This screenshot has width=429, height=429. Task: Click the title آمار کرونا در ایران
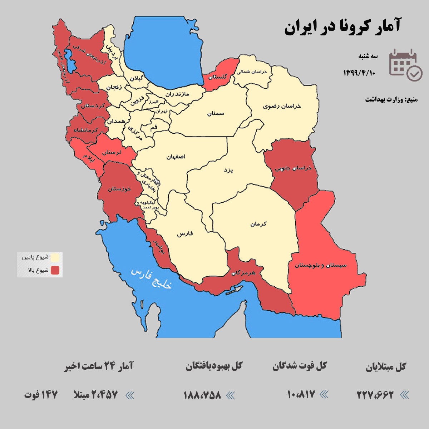[342, 27]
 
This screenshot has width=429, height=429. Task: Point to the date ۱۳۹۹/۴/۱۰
[359, 73]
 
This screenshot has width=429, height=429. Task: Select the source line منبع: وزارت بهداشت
[391, 99]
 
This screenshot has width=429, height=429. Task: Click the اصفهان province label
[176, 157]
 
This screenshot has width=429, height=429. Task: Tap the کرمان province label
[258, 224]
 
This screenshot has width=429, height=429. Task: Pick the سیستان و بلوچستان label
[321, 265]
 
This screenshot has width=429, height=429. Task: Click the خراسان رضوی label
[282, 106]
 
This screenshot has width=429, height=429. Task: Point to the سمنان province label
[216, 113]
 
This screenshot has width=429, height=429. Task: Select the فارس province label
[185, 234]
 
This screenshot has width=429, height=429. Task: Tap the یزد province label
[228, 170]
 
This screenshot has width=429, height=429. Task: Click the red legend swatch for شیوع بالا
[55, 270]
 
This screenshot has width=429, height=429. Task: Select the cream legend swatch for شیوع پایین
[55, 257]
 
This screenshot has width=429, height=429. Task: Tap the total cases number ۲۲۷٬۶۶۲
[375, 395]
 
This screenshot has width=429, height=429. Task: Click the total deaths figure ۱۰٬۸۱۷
[301, 394]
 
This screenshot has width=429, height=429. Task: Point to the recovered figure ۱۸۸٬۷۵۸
[202, 395]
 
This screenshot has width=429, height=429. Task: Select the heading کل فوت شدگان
[300, 366]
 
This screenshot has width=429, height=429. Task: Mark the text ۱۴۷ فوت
[41, 395]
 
